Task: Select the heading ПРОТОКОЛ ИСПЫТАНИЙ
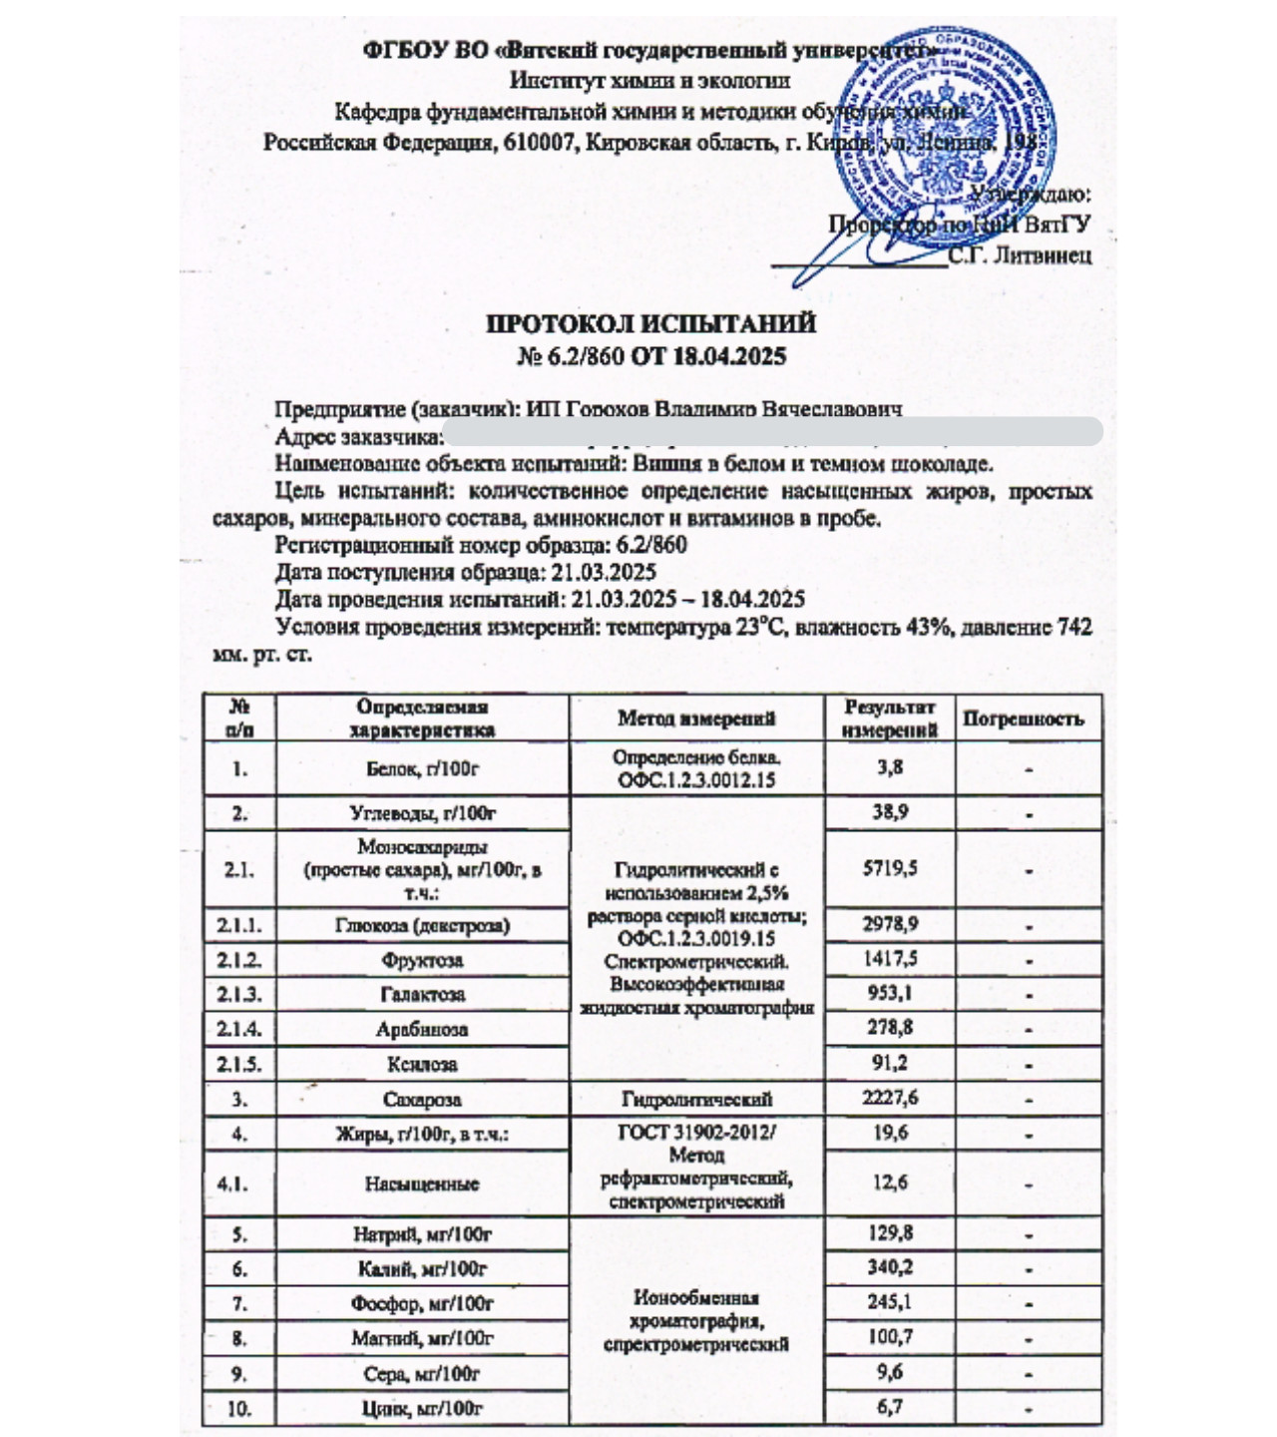pyautogui.click(x=650, y=324)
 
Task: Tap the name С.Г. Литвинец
pyautogui.click(x=1020, y=255)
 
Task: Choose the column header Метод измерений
pyautogui.click(x=696, y=718)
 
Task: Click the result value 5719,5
pyautogui.click(x=890, y=868)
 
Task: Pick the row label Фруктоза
pyautogui.click(x=421, y=960)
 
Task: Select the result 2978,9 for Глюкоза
pyautogui.click(x=890, y=924)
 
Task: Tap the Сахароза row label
pyautogui.click(x=421, y=1100)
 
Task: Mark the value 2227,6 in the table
pyautogui.click(x=890, y=1099)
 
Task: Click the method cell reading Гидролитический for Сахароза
pyautogui.click(x=696, y=1100)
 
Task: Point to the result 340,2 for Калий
pyautogui.click(x=890, y=1268)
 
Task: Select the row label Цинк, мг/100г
pyautogui.click(x=421, y=1409)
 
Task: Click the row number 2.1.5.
pyautogui.click(x=239, y=1064)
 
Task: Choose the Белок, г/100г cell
pyautogui.click(x=421, y=768)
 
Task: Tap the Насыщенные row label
pyautogui.click(x=421, y=1184)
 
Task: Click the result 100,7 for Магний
pyautogui.click(x=890, y=1337)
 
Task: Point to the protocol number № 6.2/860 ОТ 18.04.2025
pyautogui.click(x=650, y=356)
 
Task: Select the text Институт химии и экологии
pyautogui.click(x=650, y=81)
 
